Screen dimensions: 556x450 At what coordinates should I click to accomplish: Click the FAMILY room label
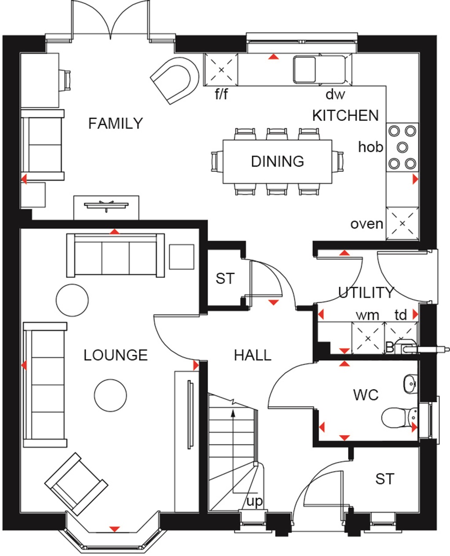(116, 124)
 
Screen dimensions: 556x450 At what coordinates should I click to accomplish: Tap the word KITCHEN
(345, 116)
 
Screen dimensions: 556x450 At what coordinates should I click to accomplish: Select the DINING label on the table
(277, 161)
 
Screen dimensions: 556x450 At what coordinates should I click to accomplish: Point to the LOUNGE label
(116, 355)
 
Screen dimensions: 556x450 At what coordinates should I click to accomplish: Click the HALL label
(252, 355)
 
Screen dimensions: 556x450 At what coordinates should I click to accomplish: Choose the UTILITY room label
(366, 292)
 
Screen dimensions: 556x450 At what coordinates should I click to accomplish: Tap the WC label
(366, 395)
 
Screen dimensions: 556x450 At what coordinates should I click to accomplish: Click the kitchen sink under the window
(305, 69)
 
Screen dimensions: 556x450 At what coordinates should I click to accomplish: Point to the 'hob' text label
(370, 147)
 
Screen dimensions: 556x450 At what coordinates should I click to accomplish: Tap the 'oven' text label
(367, 224)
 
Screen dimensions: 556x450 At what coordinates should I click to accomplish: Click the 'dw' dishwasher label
(335, 94)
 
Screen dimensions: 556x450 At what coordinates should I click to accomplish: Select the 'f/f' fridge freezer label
(221, 94)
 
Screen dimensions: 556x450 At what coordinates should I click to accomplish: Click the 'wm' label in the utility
(367, 315)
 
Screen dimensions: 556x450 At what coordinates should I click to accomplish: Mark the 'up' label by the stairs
(254, 501)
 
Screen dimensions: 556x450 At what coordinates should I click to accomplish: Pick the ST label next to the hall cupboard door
(225, 278)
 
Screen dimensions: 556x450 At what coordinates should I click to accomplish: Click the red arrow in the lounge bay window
(114, 529)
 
